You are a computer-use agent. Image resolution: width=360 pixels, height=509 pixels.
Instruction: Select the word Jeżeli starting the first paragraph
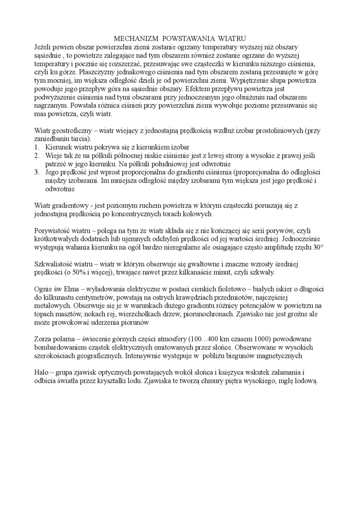click(x=45, y=47)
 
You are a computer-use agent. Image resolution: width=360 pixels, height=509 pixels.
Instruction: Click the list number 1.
click(x=37, y=147)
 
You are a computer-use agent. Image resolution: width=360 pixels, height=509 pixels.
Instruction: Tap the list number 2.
click(x=37, y=155)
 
